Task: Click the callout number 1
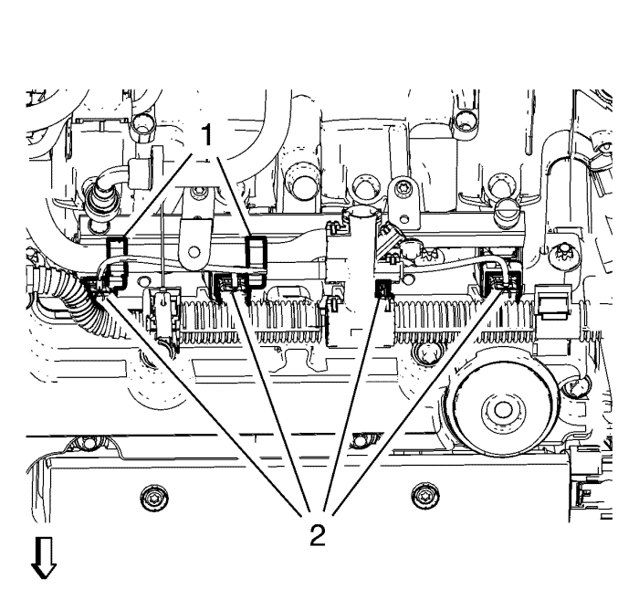[208, 137]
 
